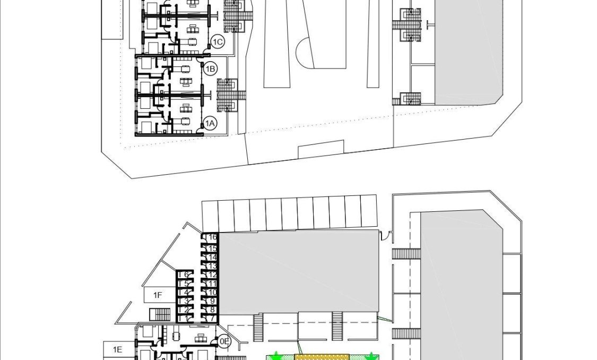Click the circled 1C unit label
pos(217,41)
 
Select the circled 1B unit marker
pos(210,69)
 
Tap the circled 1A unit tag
pos(210,124)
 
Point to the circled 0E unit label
pos(224,341)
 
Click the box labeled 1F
pos(158,295)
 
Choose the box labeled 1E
pos(117,349)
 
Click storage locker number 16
pos(212,238)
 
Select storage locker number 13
pos(212,265)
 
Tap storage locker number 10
pos(212,292)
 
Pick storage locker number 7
pos(212,318)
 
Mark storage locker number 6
pos(185,275)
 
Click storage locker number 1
pos(185,318)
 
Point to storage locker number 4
pos(185,292)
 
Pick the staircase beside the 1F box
pos(160,314)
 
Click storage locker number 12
pos(212,275)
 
